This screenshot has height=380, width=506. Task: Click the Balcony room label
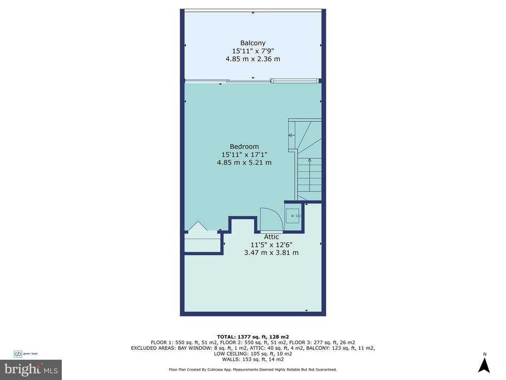click(x=253, y=43)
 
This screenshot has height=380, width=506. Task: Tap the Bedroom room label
click(x=244, y=146)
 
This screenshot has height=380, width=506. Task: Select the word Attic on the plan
click(x=271, y=237)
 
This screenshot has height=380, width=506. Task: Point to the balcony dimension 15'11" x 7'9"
click(x=253, y=51)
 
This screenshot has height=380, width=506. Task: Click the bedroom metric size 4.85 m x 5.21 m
click(x=244, y=162)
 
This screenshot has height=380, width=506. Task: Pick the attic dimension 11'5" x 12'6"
click(x=271, y=245)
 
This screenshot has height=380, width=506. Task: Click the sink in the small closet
click(x=293, y=216)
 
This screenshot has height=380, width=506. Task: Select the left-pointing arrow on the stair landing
click(x=292, y=135)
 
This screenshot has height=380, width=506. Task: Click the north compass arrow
click(x=484, y=366)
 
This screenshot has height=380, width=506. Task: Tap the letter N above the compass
click(x=484, y=354)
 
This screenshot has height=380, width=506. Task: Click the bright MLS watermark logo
click(x=31, y=370)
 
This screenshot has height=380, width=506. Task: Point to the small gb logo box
click(x=18, y=354)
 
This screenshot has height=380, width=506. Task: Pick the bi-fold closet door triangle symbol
click(x=198, y=226)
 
